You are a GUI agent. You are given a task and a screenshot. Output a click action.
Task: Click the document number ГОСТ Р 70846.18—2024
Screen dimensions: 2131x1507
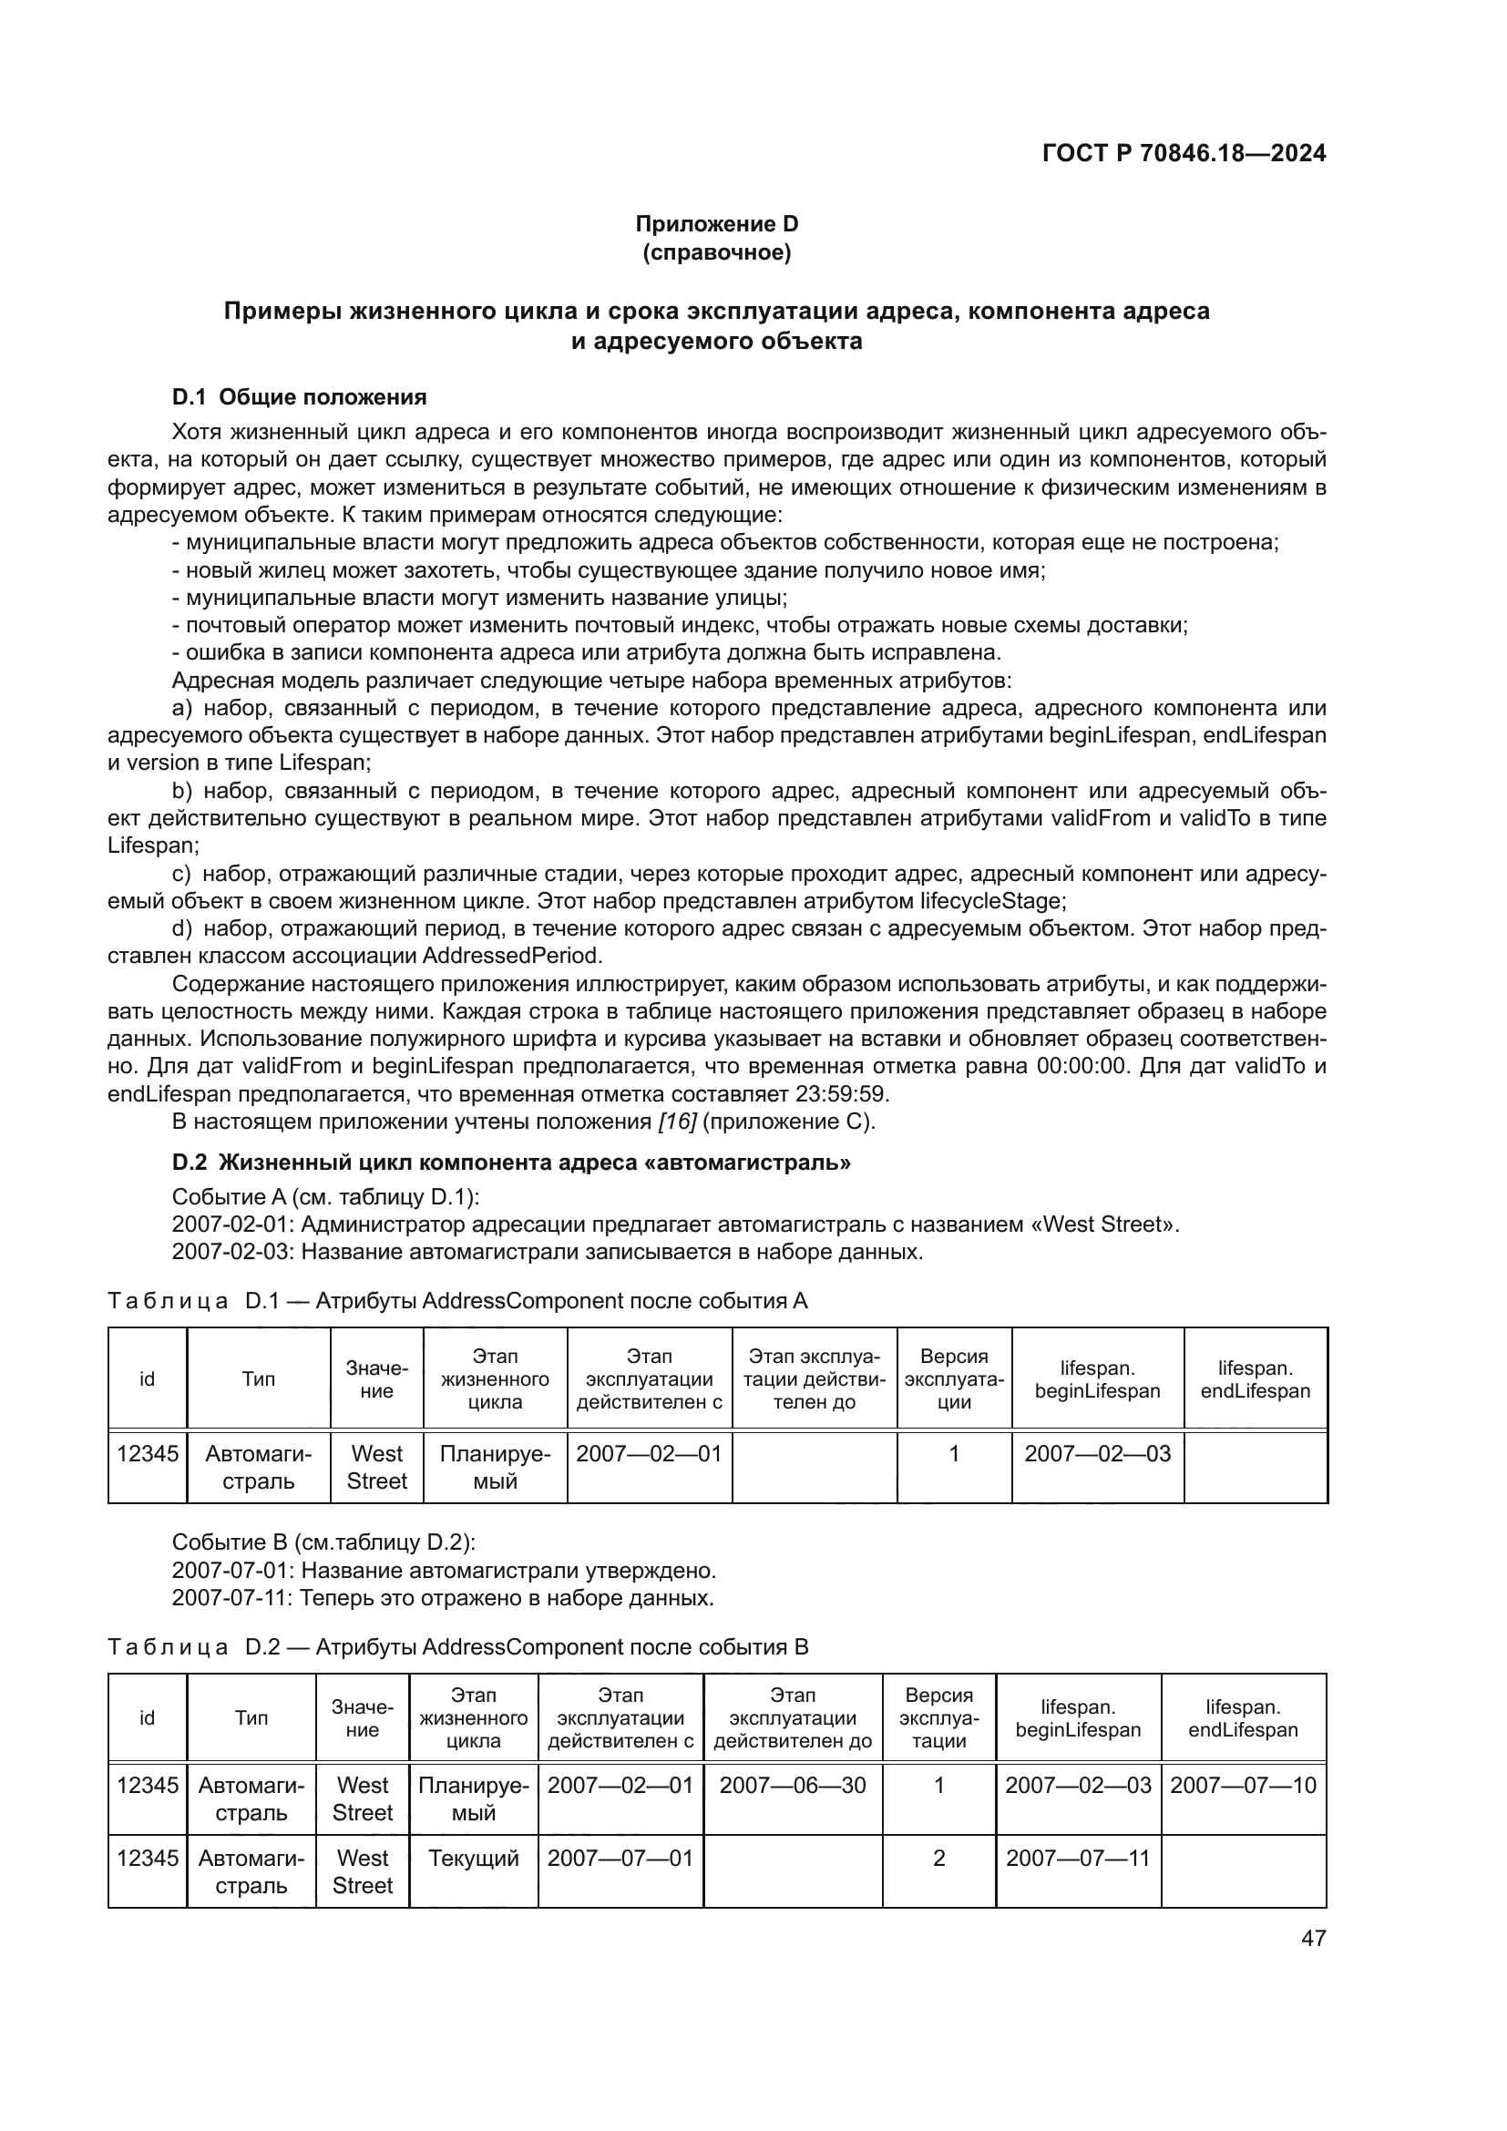(x=1184, y=154)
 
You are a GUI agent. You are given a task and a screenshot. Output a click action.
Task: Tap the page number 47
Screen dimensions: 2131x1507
(x=1313, y=1938)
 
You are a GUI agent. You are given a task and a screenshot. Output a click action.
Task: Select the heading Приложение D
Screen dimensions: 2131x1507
(x=716, y=224)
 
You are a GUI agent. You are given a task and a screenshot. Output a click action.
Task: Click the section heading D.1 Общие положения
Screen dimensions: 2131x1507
(x=299, y=397)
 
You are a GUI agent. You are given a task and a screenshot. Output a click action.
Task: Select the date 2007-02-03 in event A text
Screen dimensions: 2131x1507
(x=233, y=1252)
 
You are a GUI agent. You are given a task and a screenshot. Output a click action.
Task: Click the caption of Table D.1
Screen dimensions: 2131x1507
(x=457, y=1301)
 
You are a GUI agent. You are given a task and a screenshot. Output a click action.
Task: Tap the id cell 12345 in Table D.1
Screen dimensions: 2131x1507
(x=148, y=1453)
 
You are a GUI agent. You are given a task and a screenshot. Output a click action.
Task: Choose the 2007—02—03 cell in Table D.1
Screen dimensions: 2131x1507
(x=1097, y=1453)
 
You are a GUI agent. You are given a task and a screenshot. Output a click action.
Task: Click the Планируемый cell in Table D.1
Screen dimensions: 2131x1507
(x=495, y=1467)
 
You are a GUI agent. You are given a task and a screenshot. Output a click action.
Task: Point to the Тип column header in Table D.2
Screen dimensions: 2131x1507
(x=251, y=1718)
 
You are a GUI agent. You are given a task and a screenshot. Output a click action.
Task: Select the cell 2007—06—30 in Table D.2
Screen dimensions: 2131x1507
(x=793, y=1785)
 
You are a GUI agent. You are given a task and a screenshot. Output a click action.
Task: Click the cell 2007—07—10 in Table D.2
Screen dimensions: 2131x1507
(x=1243, y=1785)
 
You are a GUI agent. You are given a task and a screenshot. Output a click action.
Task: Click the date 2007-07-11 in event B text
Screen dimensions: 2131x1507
(x=233, y=1598)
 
